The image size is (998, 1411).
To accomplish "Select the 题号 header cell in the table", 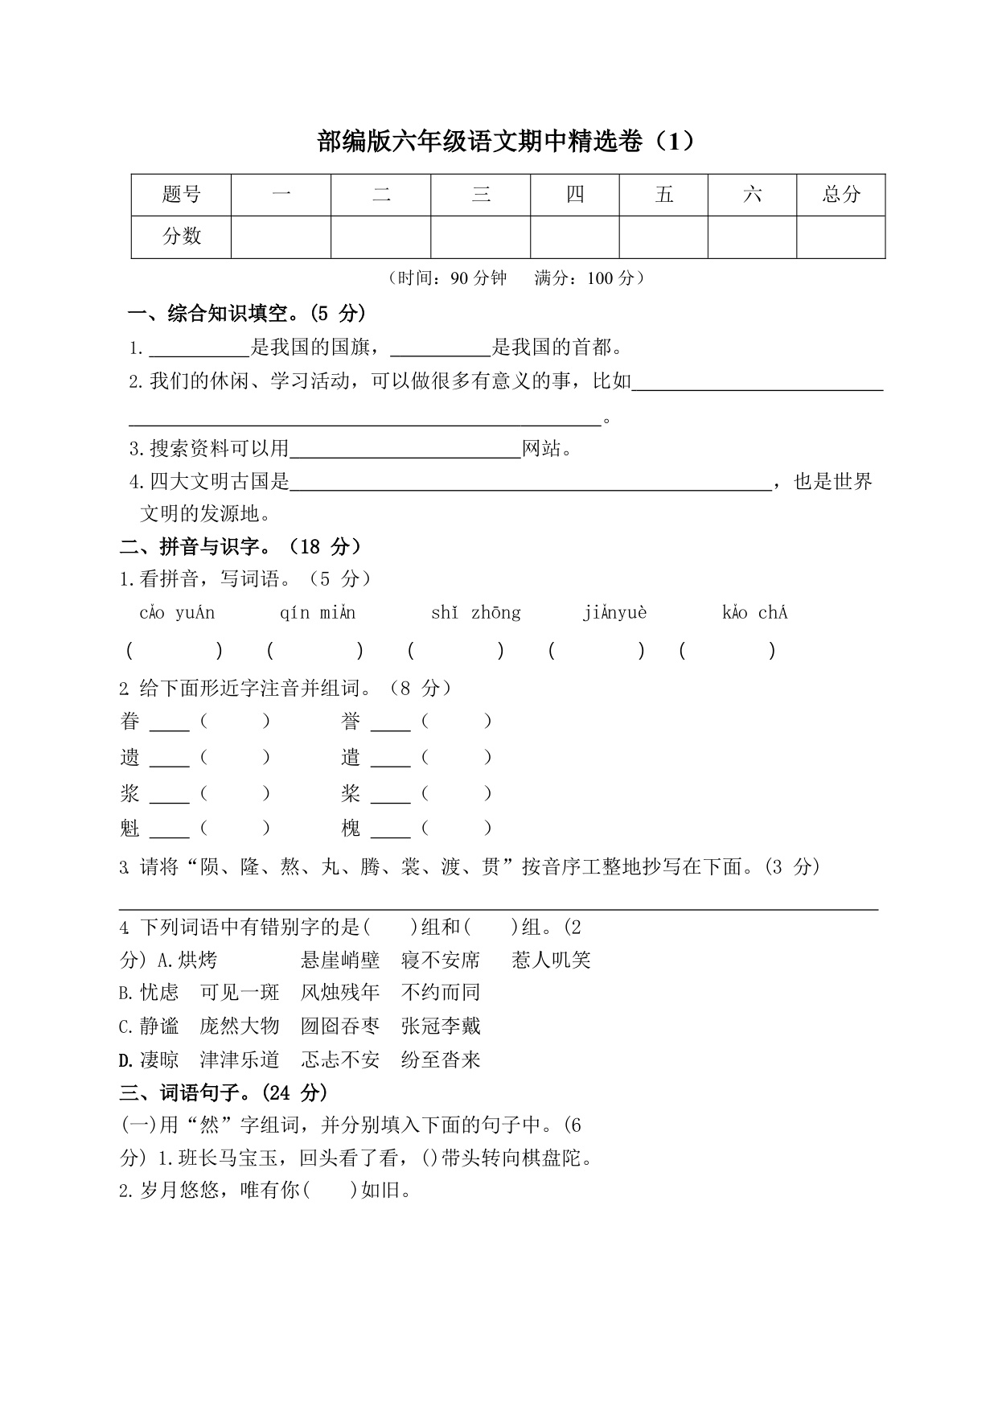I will point(181,195).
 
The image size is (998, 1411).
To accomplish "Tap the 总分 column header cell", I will point(840,195).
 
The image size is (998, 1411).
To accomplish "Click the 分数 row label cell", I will point(181,237).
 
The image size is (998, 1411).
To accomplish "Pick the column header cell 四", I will point(574,195).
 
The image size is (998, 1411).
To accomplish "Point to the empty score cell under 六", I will point(752,237).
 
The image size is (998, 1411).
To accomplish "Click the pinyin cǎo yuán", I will point(177,613).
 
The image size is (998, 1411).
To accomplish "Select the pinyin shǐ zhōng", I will point(475,613).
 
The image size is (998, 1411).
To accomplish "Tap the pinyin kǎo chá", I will point(754,613).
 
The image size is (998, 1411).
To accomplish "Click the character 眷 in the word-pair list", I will point(130,722).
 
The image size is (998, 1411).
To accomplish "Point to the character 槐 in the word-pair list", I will point(351,828).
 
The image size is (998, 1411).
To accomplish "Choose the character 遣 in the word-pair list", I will point(351,757).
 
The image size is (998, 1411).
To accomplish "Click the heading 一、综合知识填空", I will point(247,313).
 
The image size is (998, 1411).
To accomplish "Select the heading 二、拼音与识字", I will point(240,547).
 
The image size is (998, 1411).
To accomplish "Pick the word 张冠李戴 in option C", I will point(440,1026).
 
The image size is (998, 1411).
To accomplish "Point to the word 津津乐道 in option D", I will point(239,1059).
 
